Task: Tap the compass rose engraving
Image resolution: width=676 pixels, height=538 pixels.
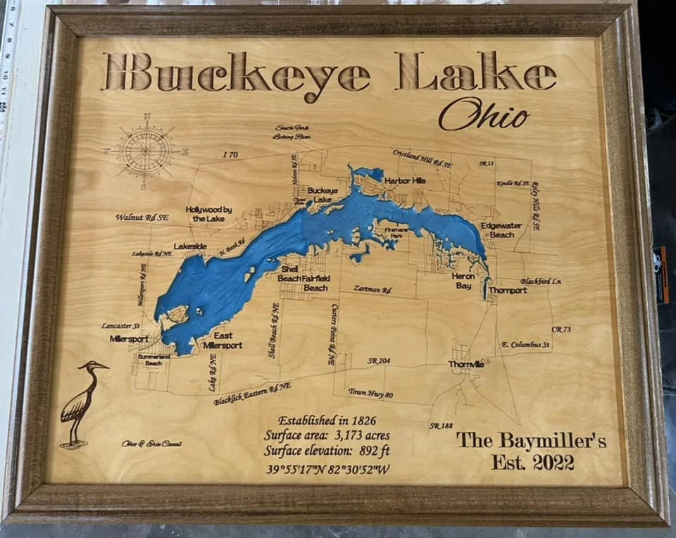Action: pyautogui.click(x=145, y=150)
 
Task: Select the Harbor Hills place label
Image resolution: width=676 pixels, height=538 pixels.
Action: pyautogui.click(x=405, y=181)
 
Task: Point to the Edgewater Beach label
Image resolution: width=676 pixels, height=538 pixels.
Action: pyautogui.click(x=501, y=230)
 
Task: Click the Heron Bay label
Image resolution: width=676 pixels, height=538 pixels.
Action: pyautogui.click(x=463, y=281)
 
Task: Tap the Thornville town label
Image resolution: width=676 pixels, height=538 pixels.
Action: pyautogui.click(x=466, y=364)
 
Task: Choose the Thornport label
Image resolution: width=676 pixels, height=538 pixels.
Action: pyautogui.click(x=508, y=290)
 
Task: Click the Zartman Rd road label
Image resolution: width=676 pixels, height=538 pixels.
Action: pyautogui.click(x=373, y=289)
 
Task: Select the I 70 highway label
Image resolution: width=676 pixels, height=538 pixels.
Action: pyautogui.click(x=230, y=155)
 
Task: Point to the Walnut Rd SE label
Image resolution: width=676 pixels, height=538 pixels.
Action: pyautogui.click(x=142, y=218)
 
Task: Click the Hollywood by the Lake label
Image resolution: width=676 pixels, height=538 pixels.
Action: pyautogui.click(x=208, y=214)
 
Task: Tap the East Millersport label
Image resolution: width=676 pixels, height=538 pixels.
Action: pyautogui.click(x=223, y=341)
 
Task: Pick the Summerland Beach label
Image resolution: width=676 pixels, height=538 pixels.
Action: pyautogui.click(x=154, y=360)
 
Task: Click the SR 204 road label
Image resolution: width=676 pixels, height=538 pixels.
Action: pyautogui.click(x=378, y=361)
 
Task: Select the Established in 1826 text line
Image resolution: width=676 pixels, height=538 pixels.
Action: pyautogui.click(x=327, y=420)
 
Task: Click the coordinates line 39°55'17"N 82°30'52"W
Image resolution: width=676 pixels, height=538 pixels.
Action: pyautogui.click(x=328, y=469)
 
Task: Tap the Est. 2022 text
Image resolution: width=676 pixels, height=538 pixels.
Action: pyautogui.click(x=532, y=463)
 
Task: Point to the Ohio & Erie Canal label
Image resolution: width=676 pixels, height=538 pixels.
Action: pyautogui.click(x=151, y=444)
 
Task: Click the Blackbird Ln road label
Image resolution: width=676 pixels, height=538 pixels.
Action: pyautogui.click(x=541, y=282)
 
